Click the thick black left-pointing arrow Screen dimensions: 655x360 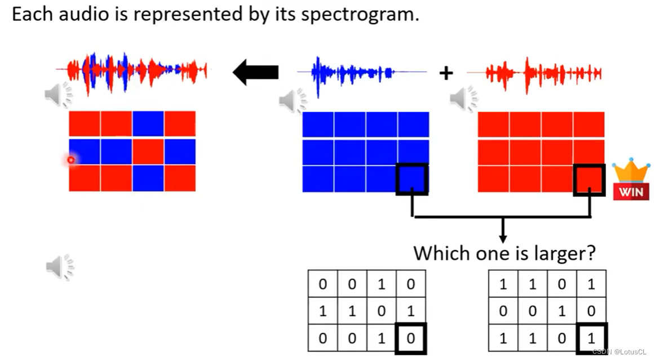(x=256, y=73)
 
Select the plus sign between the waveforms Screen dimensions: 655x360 (x=446, y=73)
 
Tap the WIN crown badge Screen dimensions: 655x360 (x=631, y=179)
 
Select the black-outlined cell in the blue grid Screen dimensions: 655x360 (x=412, y=179)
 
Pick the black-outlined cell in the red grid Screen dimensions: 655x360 (x=589, y=180)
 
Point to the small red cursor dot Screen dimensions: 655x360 (x=71, y=160)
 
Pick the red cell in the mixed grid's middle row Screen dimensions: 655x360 (x=148, y=151)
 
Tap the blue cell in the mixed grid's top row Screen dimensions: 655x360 (x=148, y=123)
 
